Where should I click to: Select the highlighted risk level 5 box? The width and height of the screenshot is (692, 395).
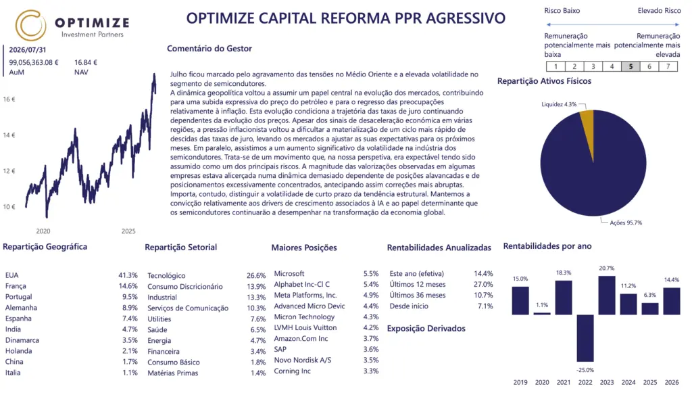tap(631, 66)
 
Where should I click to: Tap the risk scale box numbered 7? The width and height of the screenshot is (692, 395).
tap(668, 66)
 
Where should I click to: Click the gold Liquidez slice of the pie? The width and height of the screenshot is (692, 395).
tap(588, 120)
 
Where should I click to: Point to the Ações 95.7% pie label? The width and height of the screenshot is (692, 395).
tap(626, 223)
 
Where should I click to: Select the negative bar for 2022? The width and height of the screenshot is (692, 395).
tap(585, 338)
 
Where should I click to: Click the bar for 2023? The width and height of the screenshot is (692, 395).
tap(607, 295)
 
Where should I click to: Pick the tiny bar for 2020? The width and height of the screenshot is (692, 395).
tap(542, 314)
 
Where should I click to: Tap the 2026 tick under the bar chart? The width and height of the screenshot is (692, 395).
tap(672, 382)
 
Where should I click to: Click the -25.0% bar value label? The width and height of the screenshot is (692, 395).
tap(585, 370)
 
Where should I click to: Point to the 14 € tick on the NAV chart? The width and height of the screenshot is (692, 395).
tap(9, 135)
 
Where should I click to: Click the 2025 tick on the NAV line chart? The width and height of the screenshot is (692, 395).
tap(128, 231)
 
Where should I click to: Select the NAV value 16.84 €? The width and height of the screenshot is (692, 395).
tap(86, 62)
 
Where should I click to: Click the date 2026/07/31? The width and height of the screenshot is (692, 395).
tap(27, 50)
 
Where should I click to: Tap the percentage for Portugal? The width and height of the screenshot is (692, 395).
tap(130, 297)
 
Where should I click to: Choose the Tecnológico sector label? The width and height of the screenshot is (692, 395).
tap(166, 276)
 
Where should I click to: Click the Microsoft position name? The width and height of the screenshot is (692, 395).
tap(289, 273)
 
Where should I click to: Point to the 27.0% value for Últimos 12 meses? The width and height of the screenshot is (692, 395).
tap(484, 285)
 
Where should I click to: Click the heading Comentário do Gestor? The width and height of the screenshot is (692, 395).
tap(209, 49)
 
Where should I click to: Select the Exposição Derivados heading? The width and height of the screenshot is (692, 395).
tap(426, 328)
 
